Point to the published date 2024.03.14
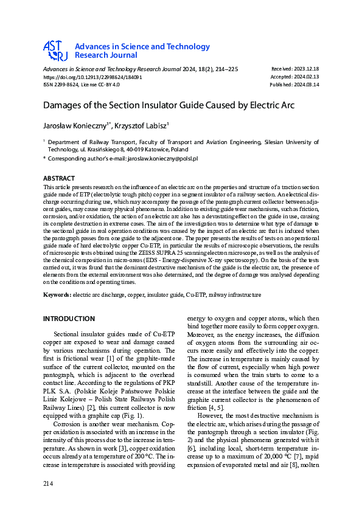tap(306, 85)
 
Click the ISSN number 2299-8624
tap(61, 85)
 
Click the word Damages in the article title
tap(66, 105)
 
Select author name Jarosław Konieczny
tap(74, 125)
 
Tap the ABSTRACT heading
tap(59, 178)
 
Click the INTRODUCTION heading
tap(69, 319)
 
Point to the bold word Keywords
tap(57, 294)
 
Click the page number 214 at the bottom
tap(49, 483)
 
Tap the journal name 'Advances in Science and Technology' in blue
tap(142, 47)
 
